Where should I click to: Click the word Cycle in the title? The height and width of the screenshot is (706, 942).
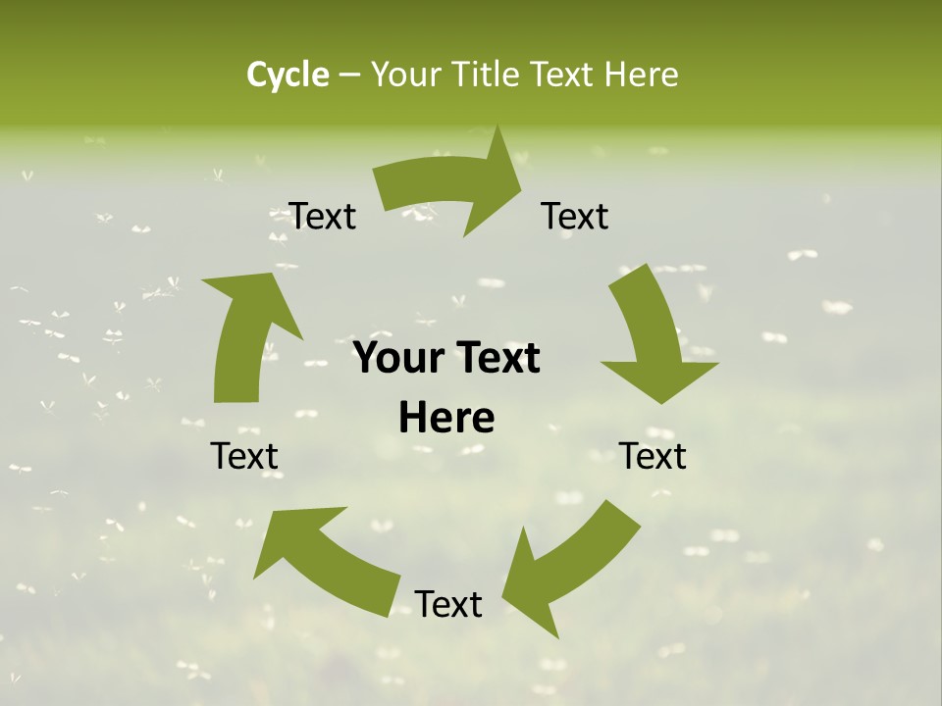coord(288,75)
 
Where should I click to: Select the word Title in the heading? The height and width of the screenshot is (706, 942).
coord(488,75)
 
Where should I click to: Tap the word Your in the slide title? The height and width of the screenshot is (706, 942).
coord(407,75)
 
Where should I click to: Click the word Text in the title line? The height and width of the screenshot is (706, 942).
coord(562,75)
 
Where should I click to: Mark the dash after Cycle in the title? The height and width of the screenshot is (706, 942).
coord(349,76)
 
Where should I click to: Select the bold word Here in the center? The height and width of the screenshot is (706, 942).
coord(446,419)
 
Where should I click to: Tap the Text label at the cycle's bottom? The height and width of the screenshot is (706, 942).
coord(448,604)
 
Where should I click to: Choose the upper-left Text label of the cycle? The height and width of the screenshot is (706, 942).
coord(323,216)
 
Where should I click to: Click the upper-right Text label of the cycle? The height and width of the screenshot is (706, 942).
coord(575,216)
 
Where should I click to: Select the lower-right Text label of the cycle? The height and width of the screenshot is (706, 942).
coord(653,456)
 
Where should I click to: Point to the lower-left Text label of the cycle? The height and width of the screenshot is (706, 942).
coord(244,456)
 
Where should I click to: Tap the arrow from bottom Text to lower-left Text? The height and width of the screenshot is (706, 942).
coord(324,559)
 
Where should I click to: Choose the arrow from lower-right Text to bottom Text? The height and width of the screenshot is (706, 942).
coord(569,569)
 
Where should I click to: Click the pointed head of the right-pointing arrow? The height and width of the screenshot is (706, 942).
coord(504,176)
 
